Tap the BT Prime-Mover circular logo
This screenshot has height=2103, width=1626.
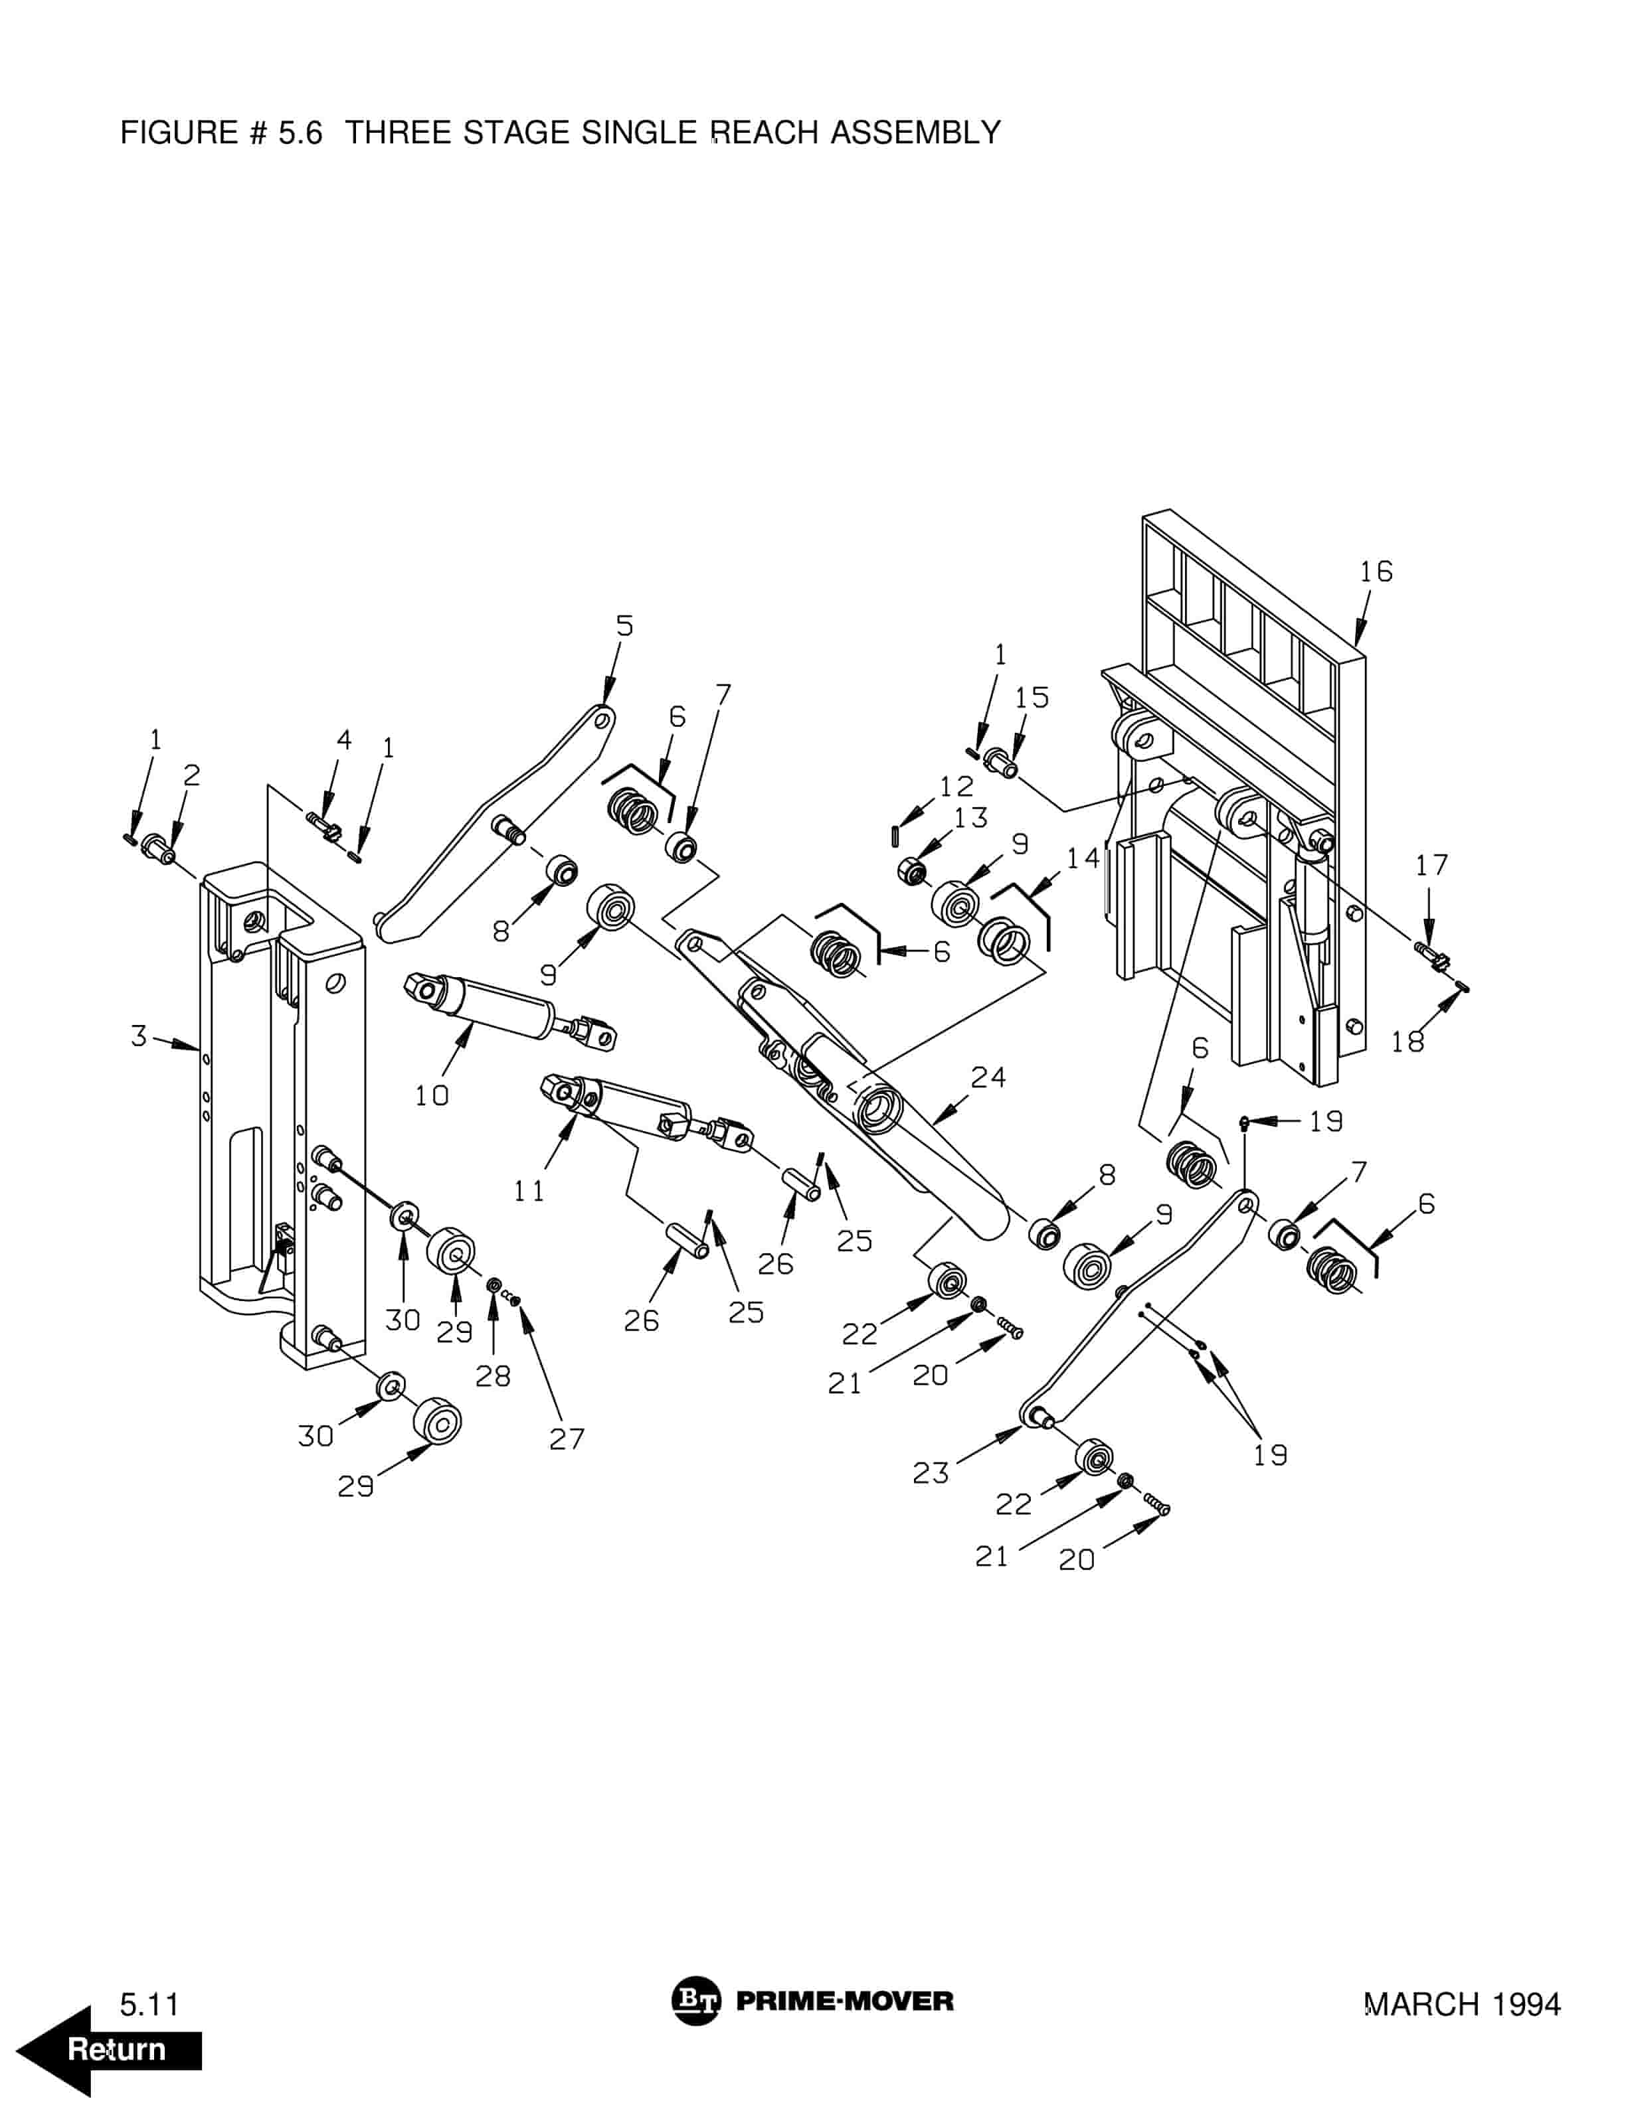[695, 2001]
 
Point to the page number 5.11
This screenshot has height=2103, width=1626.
[149, 2004]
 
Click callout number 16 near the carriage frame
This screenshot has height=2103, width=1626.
[1376, 572]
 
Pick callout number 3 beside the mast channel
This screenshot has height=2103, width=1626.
[139, 1036]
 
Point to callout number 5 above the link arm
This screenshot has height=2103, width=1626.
[625, 626]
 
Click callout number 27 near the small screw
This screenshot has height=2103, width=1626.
[567, 1439]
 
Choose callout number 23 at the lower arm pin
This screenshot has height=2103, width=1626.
[931, 1472]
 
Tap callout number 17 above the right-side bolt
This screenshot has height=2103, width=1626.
[1431, 865]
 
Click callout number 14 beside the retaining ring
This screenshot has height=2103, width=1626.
[1083, 857]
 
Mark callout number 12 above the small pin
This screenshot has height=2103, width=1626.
[956, 786]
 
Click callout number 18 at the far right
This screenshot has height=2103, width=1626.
[1407, 1041]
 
